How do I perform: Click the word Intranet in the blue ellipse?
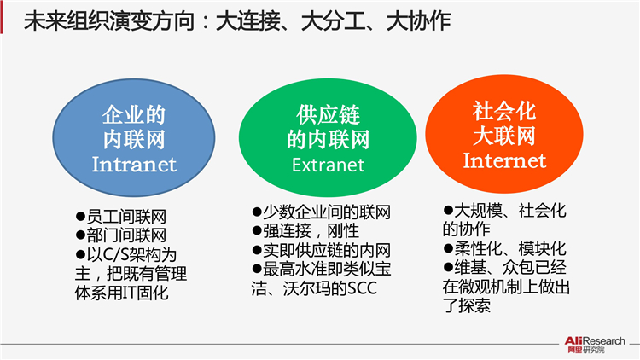point(134,165)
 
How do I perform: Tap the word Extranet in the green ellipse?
point(328,165)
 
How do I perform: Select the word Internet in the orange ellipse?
point(504,160)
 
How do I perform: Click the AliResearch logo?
point(595,345)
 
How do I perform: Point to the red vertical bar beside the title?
point(2,17)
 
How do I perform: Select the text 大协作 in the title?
point(418,21)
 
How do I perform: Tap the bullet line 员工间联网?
point(121,217)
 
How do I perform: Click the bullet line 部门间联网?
point(121,235)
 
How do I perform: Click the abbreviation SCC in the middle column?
point(362,288)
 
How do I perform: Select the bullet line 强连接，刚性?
point(305,231)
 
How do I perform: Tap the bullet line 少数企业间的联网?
point(321,212)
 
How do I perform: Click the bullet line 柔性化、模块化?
point(505,248)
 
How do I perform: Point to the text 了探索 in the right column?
point(467,305)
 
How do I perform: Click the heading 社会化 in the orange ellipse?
point(504,111)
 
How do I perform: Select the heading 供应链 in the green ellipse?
point(328,114)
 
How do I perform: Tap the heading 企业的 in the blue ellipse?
point(134,114)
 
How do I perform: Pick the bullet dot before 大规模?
point(448,210)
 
